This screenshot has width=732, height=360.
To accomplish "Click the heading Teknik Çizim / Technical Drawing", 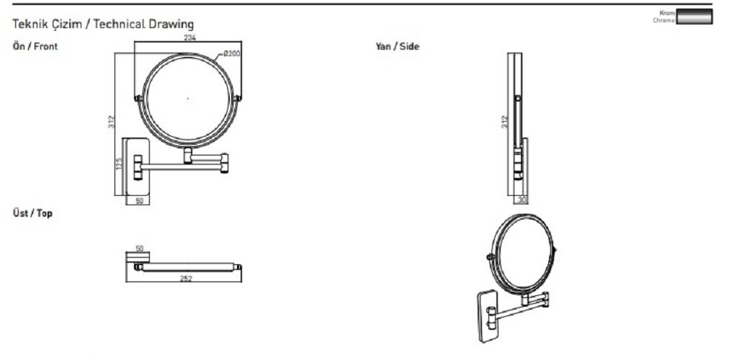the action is [103, 24].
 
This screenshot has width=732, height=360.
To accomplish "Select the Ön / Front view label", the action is [35, 47].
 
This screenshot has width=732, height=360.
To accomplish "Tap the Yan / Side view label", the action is [397, 47].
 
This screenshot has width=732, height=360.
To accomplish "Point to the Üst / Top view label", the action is [32, 214].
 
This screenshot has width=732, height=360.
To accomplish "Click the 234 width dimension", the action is [189, 37].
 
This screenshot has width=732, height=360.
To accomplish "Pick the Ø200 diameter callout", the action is [231, 53].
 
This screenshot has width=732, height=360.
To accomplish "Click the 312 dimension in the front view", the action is [111, 122].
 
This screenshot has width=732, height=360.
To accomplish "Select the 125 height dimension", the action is [119, 164].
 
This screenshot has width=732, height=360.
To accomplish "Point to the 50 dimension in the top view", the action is [139, 248].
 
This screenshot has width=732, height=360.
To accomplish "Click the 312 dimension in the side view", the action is [504, 122].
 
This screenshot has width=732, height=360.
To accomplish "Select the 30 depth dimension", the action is [522, 200].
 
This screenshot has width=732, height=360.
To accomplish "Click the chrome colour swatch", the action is [695, 17].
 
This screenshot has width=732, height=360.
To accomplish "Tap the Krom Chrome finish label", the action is [664, 17].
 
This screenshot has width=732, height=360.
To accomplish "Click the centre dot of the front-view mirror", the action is [187, 99].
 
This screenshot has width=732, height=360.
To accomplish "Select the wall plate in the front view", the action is [136, 166].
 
